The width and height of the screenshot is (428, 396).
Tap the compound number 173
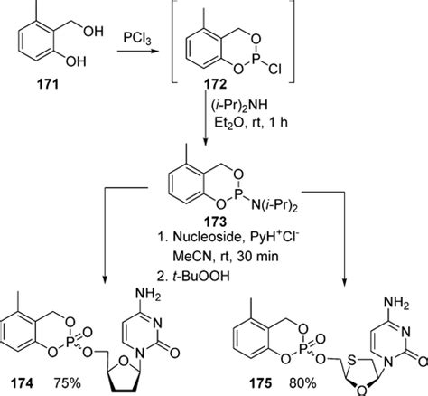(x=213, y=228)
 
